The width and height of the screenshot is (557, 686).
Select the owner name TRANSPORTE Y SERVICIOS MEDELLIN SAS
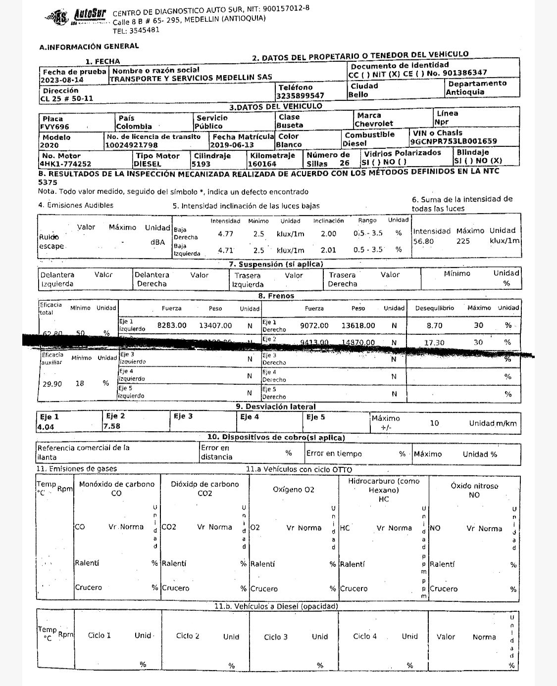coord(191,78)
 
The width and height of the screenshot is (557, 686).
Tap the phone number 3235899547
coord(301,95)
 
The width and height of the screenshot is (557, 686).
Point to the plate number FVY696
coord(55,127)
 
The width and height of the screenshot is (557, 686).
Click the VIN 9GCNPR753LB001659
coord(454,141)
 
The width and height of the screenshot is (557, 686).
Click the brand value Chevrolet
coord(374,124)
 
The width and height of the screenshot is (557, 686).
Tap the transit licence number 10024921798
coord(132,145)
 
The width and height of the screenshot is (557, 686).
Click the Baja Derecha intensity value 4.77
coord(225,233)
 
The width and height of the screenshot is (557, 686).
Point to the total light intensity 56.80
coord(423,241)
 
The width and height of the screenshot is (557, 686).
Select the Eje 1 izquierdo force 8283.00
coord(172,325)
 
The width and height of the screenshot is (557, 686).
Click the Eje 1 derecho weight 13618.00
coord(358,325)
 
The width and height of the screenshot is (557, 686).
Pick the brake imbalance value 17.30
coord(434,342)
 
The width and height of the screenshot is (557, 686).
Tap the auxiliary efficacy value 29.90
coord(52,383)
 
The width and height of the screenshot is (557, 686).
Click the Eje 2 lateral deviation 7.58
coord(112,426)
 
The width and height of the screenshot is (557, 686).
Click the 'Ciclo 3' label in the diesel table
coord(276,637)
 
